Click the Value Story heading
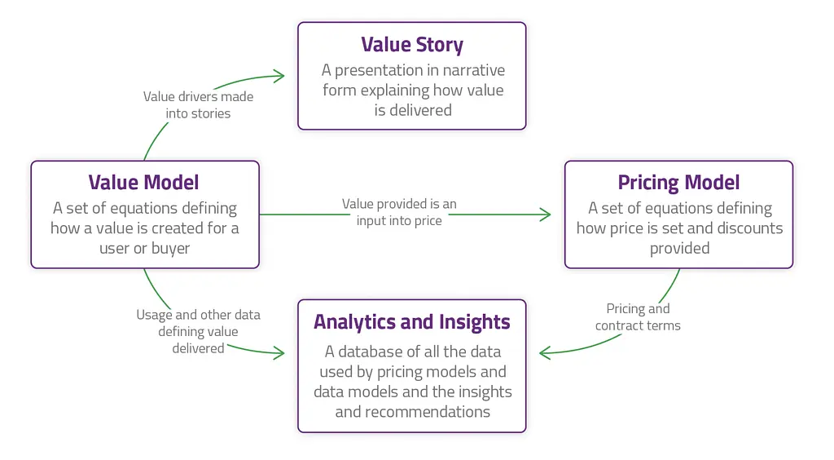[412, 45]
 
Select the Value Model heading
[143, 183]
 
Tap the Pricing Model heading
[678, 184]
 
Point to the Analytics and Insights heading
[411, 322]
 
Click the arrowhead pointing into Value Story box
[279, 76]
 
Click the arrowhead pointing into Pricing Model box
[545, 215]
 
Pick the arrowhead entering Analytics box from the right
[545, 352]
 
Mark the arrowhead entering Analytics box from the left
[279, 352]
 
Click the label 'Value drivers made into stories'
[198, 105]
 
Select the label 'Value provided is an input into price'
[399, 212]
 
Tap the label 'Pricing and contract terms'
[638, 316]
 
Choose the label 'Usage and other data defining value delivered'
[198, 331]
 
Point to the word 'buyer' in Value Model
[171, 249]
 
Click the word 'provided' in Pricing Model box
[680, 249]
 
